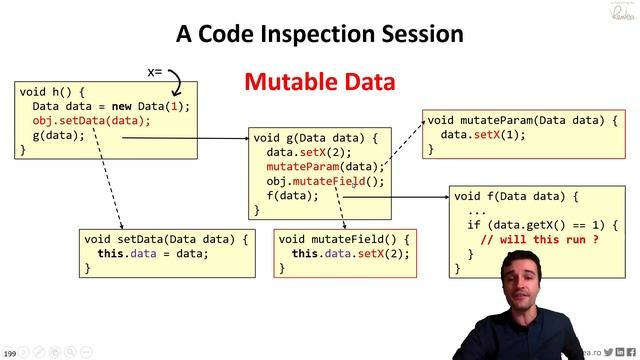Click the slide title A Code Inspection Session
pos(319,33)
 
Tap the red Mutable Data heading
pos(320,81)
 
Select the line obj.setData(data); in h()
pos(91,121)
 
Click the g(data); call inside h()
pos(59,135)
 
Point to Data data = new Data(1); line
pos(110,106)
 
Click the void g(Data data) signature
pos(315,138)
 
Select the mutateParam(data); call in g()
pos(325,167)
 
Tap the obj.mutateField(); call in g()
pos(325,181)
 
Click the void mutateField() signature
pos(344,240)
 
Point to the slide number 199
pos(10,353)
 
